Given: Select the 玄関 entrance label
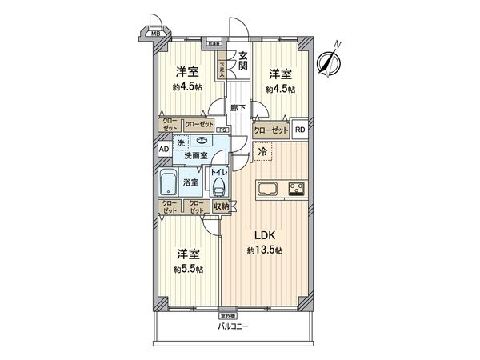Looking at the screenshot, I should click(241, 61).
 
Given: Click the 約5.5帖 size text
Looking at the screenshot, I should click(188, 269).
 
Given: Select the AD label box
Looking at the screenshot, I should click(163, 149).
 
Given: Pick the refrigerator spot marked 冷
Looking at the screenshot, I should click(262, 150).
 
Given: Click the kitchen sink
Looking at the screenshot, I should click(266, 190).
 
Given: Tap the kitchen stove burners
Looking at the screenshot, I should click(295, 190).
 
